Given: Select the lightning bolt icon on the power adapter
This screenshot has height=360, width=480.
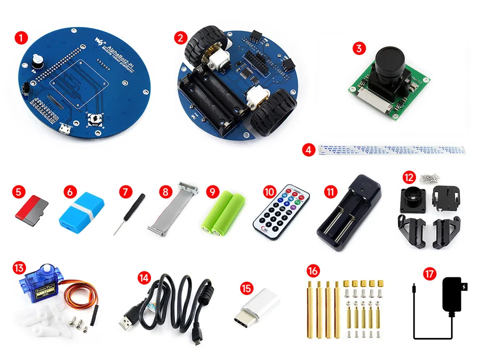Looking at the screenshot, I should (466, 287).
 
